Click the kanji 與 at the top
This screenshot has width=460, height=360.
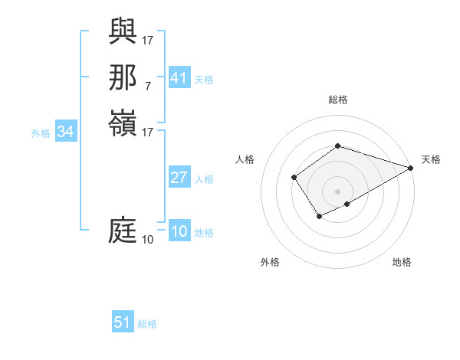123,31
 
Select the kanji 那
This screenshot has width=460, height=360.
123,77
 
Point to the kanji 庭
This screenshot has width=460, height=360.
123,231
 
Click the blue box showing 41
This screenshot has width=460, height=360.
179,78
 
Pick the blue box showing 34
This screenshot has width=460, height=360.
66,133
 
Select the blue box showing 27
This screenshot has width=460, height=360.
179,178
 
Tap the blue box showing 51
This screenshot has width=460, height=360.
123,322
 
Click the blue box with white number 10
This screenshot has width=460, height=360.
179,232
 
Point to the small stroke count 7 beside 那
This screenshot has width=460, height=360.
148,86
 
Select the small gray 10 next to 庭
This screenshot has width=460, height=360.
147,240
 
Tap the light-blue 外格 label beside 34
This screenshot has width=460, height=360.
41,133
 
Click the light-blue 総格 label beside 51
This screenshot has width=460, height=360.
147,324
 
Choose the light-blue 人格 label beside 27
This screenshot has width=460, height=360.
204,179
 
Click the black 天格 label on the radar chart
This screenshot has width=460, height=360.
431,159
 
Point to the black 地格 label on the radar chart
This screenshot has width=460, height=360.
402,263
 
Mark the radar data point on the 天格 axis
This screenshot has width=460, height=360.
412,168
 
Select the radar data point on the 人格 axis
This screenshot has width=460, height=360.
294,178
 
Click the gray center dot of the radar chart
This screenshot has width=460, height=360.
337,191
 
